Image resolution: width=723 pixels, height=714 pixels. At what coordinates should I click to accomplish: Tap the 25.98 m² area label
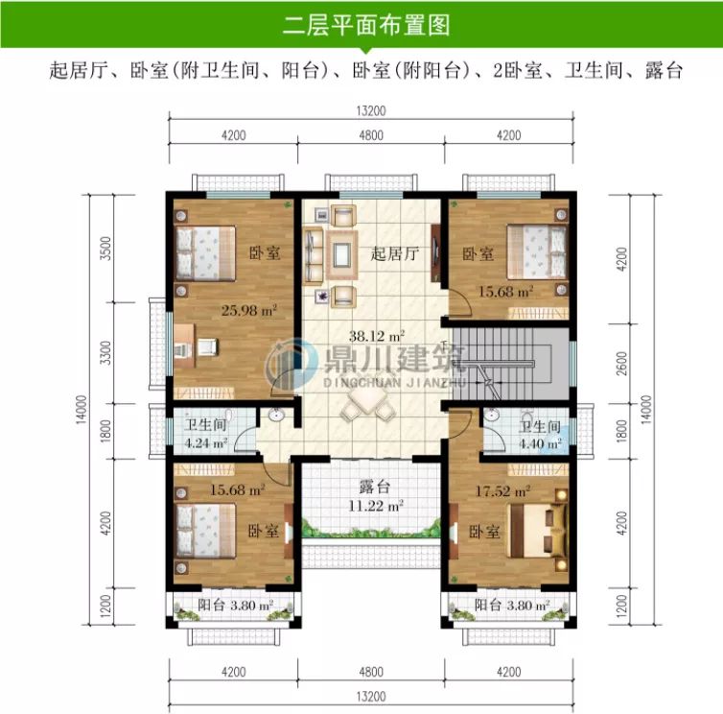click(248, 310)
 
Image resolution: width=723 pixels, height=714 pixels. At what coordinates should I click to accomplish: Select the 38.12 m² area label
click(377, 336)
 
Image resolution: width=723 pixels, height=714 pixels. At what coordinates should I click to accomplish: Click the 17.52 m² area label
click(503, 490)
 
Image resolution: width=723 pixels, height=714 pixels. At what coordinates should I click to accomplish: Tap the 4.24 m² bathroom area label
click(205, 443)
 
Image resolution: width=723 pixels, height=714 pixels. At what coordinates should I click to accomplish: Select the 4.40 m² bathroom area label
click(541, 443)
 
